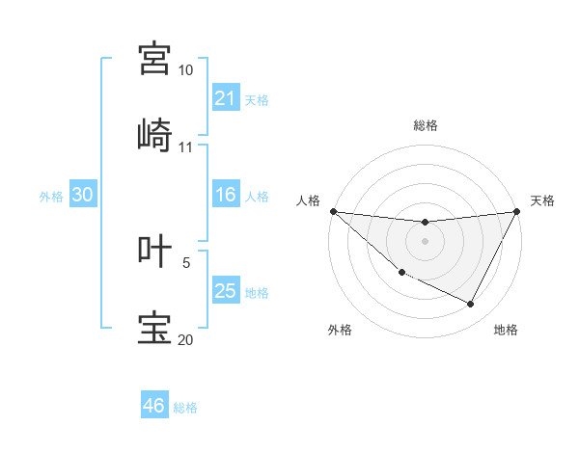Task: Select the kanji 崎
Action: (155, 135)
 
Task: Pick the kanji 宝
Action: (155, 328)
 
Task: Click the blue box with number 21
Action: (226, 98)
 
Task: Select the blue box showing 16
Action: (226, 196)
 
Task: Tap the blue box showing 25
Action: (226, 291)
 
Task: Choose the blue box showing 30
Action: (83, 195)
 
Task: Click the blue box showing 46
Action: (154, 406)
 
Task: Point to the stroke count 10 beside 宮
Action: (185, 70)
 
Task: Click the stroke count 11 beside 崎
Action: (185, 147)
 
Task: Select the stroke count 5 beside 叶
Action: (186, 262)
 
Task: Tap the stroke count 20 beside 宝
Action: (185, 340)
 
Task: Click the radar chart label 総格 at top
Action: (426, 125)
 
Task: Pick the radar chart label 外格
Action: (340, 330)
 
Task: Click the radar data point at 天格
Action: (518, 211)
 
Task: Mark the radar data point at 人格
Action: (333, 211)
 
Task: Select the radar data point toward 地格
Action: (471, 305)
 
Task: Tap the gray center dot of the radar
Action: (426, 241)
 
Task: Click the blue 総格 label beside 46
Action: (185, 408)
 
